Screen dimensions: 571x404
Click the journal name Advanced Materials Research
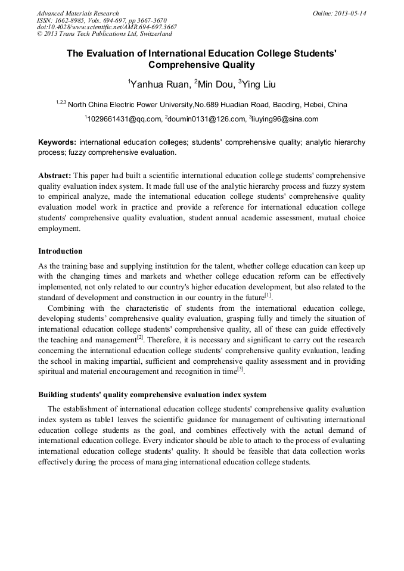coord(77,13)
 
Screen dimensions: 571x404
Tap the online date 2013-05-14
coord(350,13)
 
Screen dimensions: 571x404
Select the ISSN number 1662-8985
coord(69,20)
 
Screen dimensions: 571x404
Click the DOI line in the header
coord(107,27)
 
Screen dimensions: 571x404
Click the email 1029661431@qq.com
coord(122,119)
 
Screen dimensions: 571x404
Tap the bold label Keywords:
coord(57,143)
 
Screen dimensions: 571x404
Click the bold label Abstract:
coord(55,176)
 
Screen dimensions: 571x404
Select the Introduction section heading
coord(60,251)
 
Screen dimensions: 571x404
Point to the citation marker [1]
coord(268,295)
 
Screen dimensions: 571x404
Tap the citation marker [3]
coord(240,370)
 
